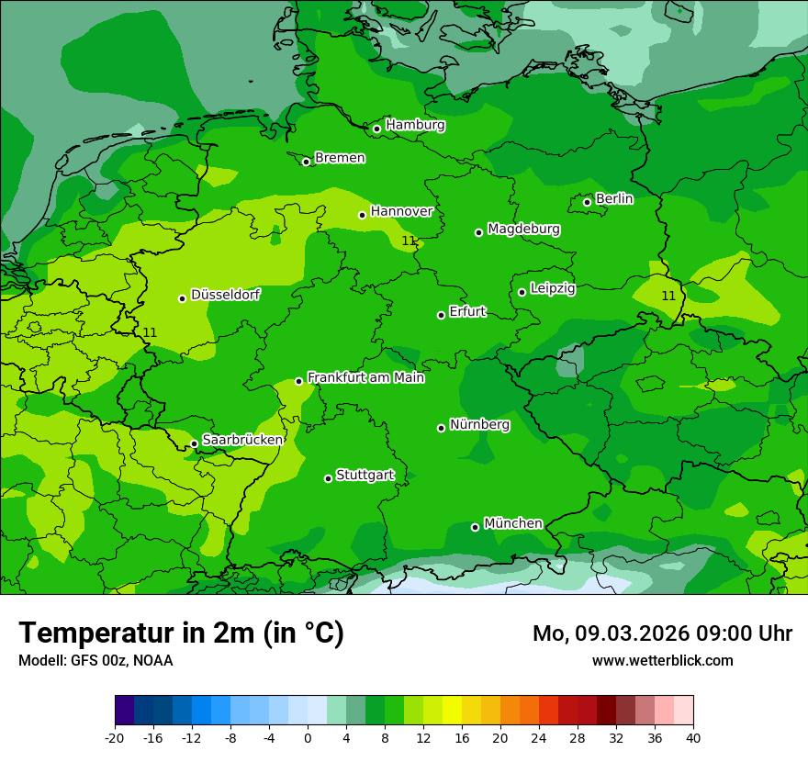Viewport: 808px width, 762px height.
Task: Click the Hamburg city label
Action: [415, 125]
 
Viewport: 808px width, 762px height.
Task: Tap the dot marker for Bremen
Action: [306, 162]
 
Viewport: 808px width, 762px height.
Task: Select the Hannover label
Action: [401, 211]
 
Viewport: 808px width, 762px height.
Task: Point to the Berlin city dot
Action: [587, 202]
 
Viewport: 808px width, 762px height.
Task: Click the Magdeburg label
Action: [523, 229]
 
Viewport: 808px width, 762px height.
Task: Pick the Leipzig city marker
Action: [522, 292]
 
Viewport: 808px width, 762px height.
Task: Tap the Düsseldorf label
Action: [225, 295]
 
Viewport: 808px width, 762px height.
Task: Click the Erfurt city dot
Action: [441, 315]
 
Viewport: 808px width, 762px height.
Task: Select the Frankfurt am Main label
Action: [365, 377]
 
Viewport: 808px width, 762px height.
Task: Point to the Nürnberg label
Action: [479, 425]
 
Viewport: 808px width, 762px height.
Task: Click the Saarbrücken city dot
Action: [194, 443]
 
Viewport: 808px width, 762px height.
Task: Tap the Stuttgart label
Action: [365, 476]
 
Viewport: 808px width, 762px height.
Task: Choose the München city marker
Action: [475, 527]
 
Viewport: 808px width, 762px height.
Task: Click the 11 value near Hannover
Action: [409, 241]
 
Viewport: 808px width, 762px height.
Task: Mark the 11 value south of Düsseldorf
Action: [151, 332]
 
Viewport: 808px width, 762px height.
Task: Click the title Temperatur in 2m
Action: [181, 633]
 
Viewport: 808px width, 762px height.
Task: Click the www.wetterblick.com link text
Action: [662, 661]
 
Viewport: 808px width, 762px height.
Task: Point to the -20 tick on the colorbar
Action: [115, 737]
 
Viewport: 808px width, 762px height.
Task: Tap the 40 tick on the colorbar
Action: [693, 737]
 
